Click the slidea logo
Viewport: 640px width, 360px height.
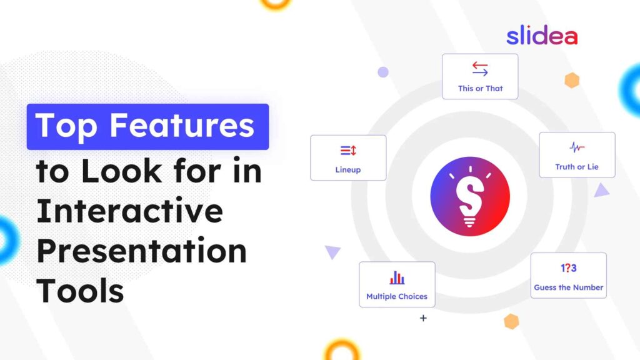click(x=542, y=36)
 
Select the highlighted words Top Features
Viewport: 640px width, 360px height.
click(x=147, y=126)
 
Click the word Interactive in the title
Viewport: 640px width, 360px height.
click(x=129, y=211)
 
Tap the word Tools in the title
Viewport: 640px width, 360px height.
click(x=80, y=290)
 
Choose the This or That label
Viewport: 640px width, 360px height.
click(x=480, y=89)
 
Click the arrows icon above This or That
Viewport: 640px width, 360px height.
click(x=480, y=69)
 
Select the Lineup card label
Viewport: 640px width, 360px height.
click(x=348, y=169)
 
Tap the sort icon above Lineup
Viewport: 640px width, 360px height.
click(x=348, y=150)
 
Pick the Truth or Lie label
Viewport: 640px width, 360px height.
click(x=577, y=167)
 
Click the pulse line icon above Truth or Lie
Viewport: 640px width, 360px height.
click(x=577, y=147)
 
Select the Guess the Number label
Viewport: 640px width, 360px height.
click(x=569, y=287)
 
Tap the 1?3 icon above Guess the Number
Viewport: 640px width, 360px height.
click(x=569, y=268)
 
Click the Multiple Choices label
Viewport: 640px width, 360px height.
click(x=397, y=296)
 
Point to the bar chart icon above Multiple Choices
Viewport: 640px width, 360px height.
click(x=397, y=277)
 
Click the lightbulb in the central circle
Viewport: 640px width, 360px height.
click(x=470, y=196)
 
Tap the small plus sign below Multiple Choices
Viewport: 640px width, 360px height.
click(x=423, y=318)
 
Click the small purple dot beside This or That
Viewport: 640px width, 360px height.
click(x=383, y=72)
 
